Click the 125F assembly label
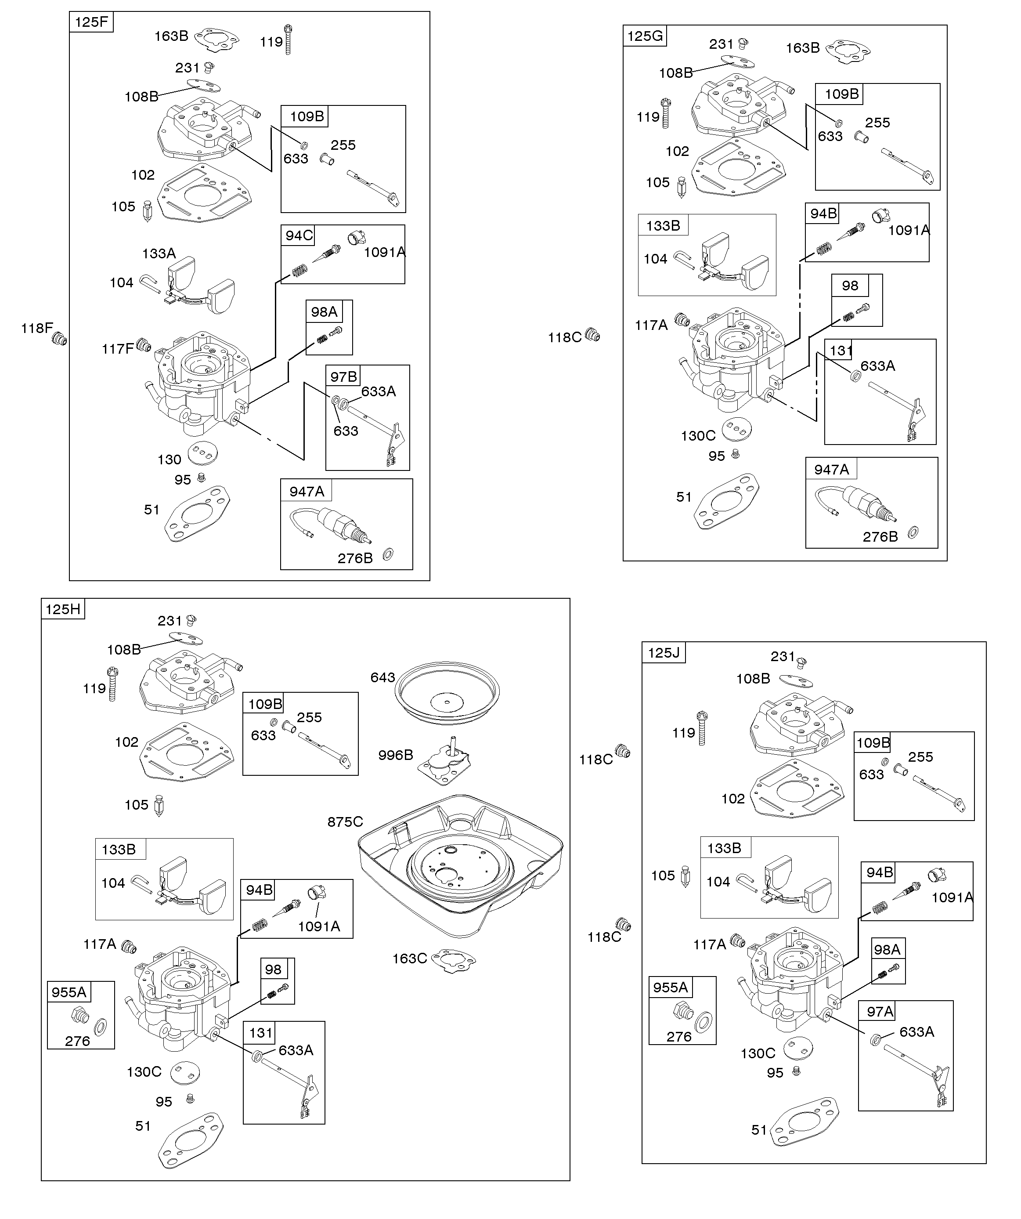[x=91, y=22]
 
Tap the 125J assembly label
[x=664, y=652]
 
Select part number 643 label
[x=382, y=677]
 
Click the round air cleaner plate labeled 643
[x=447, y=692]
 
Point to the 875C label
[x=345, y=822]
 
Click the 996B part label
[x=395, y=755]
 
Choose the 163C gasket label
[x=409, y=959]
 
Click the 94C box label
[x=299, y=235]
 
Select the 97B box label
[x=343, y=377]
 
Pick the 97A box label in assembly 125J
[x=880, y=1012]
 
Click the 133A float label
[x=159, y=253]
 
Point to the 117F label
[x=117, y=349]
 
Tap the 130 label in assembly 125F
[x=170, y=460]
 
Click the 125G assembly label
[x=645, y=36]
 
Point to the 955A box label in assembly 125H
[x=69, y=992]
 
